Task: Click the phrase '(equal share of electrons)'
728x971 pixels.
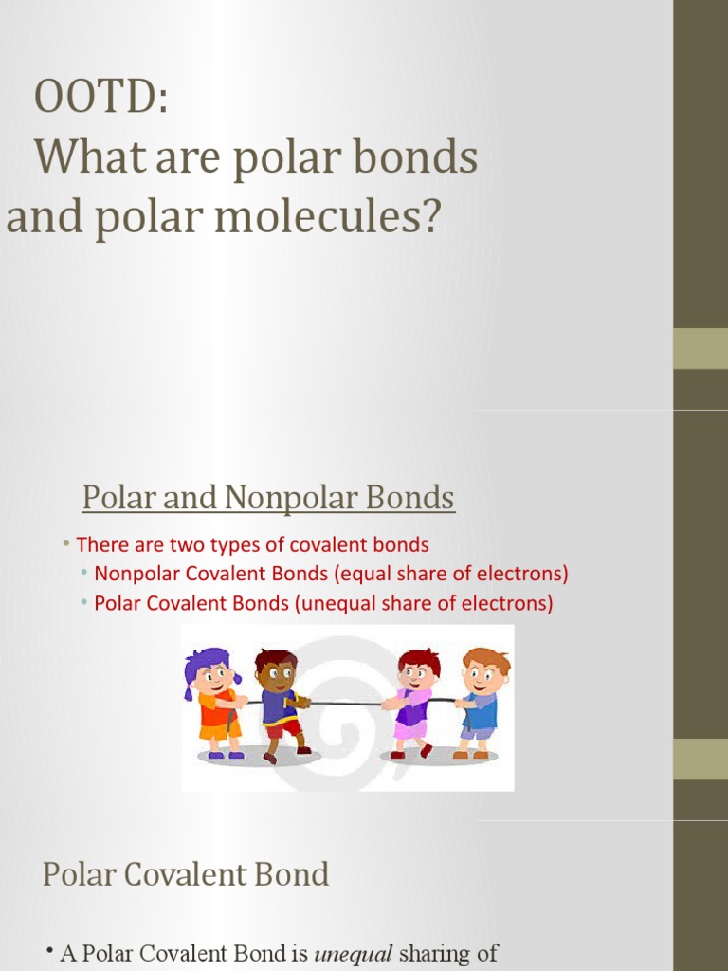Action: (x=470, y=574)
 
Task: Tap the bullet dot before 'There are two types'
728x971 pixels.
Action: (x=66, y=544)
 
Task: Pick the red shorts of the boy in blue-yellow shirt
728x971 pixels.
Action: (x=283, y=728)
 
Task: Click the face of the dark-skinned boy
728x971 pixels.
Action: (x=278, y=675)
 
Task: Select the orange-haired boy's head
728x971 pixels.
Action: (x=483, y=670)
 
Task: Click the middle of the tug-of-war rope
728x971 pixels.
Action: (x=346, y=704)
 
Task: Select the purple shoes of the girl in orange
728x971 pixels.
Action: (x=226, y=755)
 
